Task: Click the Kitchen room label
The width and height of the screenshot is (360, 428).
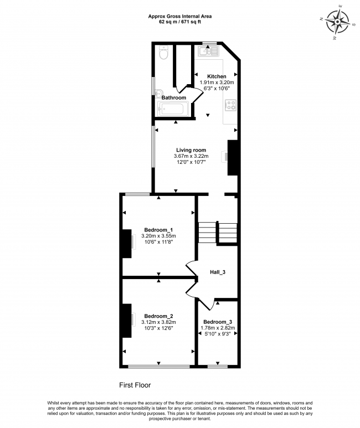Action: click(x=217, y=76)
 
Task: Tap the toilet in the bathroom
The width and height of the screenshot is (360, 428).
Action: click(x=163, y=53)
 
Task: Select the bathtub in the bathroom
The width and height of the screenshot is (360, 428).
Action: click(x=173, y=109)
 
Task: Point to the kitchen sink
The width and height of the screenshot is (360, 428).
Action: click(x=208, y=51)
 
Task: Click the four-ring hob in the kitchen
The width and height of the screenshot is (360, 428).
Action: click(x=230, y=105)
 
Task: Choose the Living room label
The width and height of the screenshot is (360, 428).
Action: click(x=191, y=150)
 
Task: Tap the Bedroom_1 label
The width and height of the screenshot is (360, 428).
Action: click(x=158, y=230)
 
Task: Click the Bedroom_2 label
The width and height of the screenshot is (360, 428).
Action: click(x=158, y=316)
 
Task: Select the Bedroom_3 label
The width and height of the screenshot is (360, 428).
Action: click(x=218, y=322)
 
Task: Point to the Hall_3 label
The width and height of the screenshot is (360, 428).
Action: click(x=218, y=272)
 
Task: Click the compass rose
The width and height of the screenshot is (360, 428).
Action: click(x=338, y=22)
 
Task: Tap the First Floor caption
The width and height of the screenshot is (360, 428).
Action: click(x=135, y=385)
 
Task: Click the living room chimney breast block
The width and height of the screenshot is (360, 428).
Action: click(x=232, y=158)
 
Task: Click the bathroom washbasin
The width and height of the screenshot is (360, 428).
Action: click(x=159, y=94)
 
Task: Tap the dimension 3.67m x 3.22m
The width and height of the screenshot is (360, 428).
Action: click(x=191, y=156)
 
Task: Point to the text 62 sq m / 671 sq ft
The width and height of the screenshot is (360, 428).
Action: click(x=180, y=22)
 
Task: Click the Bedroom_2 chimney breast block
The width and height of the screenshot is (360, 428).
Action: click(x=127, y=321)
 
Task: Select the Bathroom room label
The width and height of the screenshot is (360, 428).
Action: click(x=174, y=97)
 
